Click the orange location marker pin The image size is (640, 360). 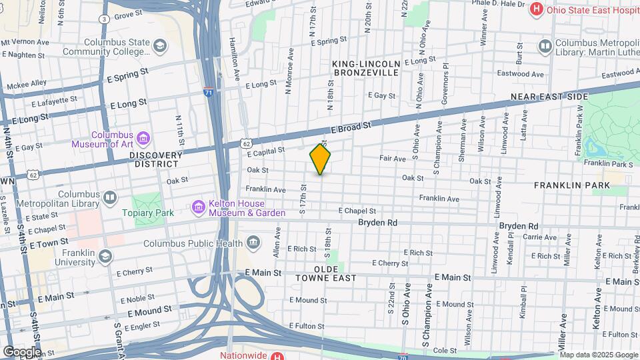pyautogui.click(x=320, y=159)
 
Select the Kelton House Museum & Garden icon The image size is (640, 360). pyautogui.click(x=197, y=208)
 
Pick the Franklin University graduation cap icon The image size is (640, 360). pyautogui.click(x=105, y=257)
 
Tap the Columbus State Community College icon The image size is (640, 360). pyautogui.click(x=159, y=46)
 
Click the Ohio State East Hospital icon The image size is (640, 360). pyautogui.click(x=535, y=9)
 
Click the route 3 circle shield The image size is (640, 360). pyautogui.click(x=105, y=19)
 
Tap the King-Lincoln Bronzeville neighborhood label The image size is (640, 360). pyautogui.click(x=366, y=68)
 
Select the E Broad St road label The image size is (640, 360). pyautogui.click(x=350, y=129)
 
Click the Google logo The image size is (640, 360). pyautogui.click(x=21, y=351)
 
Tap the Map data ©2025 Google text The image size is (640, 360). pyautogui.click(x=598, y=355)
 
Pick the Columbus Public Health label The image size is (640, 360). pyautogui.click(x=193, y=243)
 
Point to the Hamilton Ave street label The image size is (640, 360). pyautogui.click(x=235, y=55)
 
